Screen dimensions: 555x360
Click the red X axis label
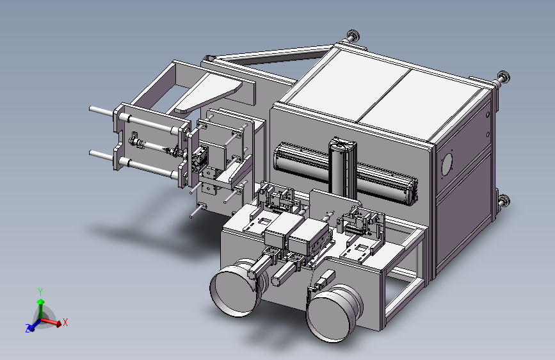point(65,322)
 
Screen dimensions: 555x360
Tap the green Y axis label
point(40,292)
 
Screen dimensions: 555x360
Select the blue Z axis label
point(28,329)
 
